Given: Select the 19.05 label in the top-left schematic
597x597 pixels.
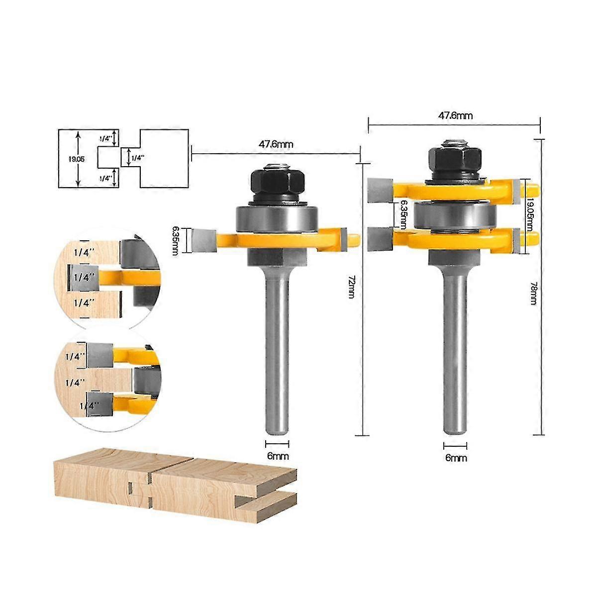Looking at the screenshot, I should tap(68, 159).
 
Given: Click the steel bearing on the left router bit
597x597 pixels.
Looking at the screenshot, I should tap(277, 218).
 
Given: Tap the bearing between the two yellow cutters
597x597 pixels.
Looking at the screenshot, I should tap(455, 215).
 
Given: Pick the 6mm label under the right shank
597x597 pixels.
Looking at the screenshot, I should tap(456, 458).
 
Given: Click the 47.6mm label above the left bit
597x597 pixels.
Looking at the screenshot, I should tap(276, 144).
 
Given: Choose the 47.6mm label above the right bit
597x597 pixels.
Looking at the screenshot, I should tap(455, 115).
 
